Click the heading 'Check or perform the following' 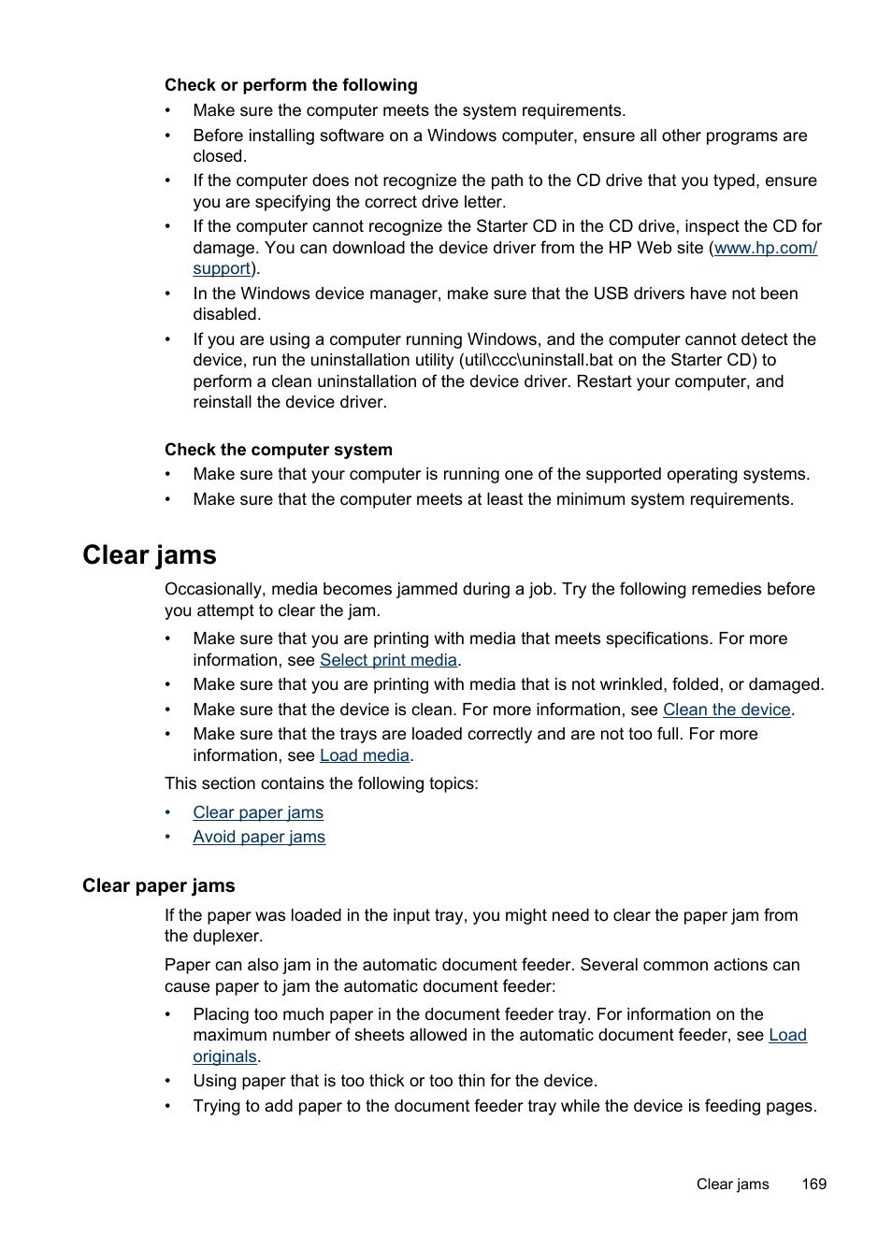point(291,85)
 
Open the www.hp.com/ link point(765,248)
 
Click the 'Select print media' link point(388,660)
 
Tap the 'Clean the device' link point(727,710)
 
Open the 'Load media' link point(365,755)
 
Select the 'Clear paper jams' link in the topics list point(258,812)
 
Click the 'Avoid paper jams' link point(259,837)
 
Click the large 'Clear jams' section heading point(150,555)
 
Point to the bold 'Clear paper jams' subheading point(159,885)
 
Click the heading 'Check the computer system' point(279,450)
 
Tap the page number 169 point(813,1184)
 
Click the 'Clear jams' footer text point(732,1184)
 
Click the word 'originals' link point(224,1056)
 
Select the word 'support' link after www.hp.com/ point(222,269)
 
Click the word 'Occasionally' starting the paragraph point(213,589)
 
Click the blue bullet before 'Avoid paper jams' point(168,837)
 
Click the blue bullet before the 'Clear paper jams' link point(168,812)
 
